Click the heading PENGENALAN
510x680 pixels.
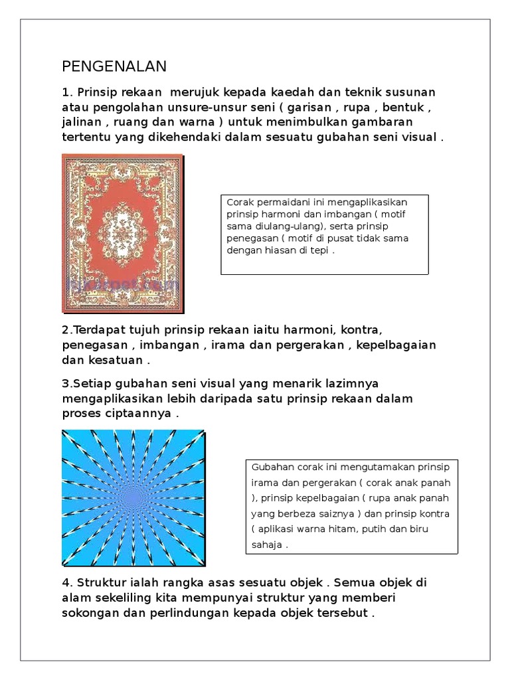coord(114,66)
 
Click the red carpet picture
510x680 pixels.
coord(122,233)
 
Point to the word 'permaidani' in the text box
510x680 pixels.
coord(281,202)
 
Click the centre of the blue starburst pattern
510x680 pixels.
coord(132,497)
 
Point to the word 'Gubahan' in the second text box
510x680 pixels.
coord(268,466)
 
